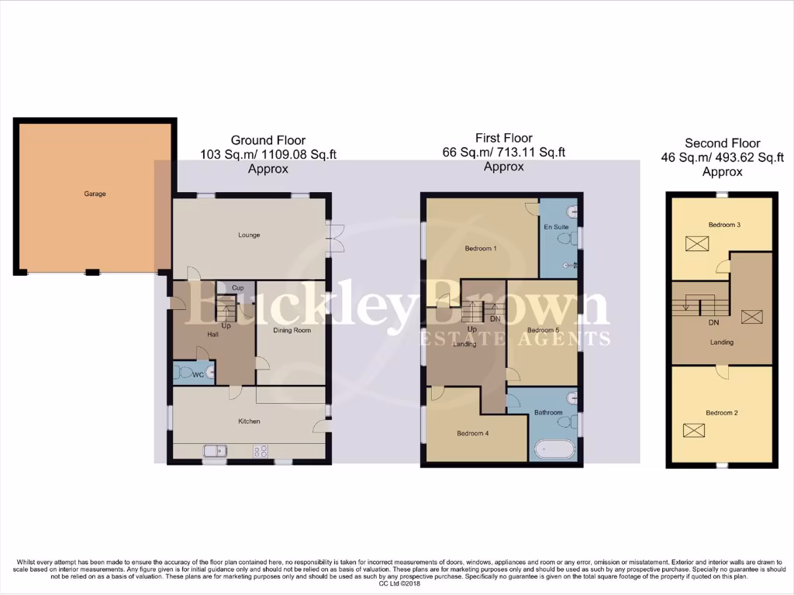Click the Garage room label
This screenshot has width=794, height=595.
[x=95, y=194]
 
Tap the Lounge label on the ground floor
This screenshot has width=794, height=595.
[x=249, y=236]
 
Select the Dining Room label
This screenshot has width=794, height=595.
[x=292, y=331]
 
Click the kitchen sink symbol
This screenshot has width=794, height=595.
[x=214, y=450]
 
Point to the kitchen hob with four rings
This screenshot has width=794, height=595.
[x=261, y=450]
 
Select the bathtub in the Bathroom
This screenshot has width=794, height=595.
[x=553, y=450]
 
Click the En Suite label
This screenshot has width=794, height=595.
[x=556, y=228]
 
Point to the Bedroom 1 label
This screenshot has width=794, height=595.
[x=481, y=249]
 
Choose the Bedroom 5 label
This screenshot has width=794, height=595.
[x=543, y=331]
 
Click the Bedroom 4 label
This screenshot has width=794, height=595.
[x=472, y=433]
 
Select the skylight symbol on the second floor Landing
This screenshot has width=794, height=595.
[x=751, y=316]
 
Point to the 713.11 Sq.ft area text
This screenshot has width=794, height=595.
[x=536, y=153]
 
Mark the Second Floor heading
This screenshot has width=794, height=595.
[x=722, y=143]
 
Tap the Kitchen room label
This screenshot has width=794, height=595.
[x=249, y=421]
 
